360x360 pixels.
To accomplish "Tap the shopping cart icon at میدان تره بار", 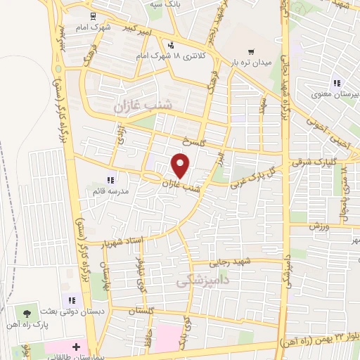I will point(251,52).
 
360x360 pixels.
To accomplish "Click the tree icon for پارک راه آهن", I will point(27,312).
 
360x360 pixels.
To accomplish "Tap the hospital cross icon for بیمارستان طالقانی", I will point(76,347).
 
